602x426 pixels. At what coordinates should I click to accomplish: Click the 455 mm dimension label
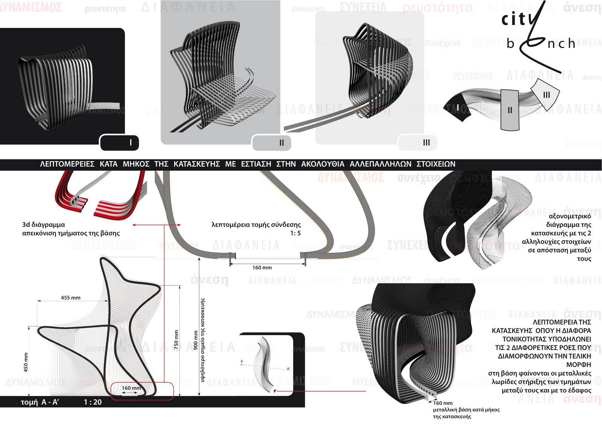coord(71,298)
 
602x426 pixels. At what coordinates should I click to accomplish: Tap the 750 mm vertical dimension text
coord(176,340)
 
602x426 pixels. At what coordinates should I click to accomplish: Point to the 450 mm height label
coord(26,362)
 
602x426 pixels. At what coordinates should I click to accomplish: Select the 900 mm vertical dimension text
coord(195,340)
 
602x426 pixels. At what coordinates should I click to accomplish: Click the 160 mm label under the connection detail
coord(262,267)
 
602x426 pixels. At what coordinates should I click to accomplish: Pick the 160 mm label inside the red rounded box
coord(131,388)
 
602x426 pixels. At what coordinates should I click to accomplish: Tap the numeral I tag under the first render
coord(130,143)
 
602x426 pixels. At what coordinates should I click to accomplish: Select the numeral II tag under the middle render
coord(281,143)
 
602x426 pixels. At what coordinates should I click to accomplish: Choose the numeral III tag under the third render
coord(426,143)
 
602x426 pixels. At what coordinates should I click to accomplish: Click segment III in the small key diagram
coord(546,95)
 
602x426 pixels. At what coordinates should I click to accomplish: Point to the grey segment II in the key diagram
coord(510,110)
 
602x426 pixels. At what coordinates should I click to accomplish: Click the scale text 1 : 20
coord(93,402)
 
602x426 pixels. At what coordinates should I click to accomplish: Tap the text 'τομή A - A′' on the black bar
coord(40,402)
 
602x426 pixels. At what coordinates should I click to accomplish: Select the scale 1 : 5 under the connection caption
coord(295,233)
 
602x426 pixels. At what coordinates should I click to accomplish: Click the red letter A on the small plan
coord(242,362)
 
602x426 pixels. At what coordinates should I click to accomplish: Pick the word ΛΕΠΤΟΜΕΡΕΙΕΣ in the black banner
coord(67,164)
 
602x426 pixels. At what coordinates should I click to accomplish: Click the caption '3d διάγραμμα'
coord(43,224)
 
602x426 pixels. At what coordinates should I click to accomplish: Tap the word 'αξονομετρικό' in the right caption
coord(570,216)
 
